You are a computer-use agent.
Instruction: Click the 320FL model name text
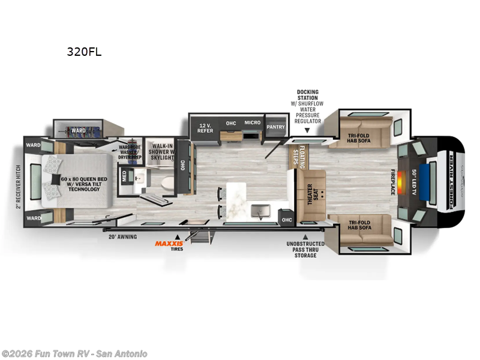tap(85, 52)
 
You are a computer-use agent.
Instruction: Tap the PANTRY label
tap(276, 127)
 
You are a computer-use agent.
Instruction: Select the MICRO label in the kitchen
tap(252, 123)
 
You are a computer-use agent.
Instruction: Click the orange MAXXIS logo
tap(169, 243)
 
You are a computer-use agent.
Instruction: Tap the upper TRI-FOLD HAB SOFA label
tap(359, 139)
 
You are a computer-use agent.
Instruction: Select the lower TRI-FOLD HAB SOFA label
tap(359, 225)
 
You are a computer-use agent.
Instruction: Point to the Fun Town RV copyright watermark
tap(74, 353)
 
